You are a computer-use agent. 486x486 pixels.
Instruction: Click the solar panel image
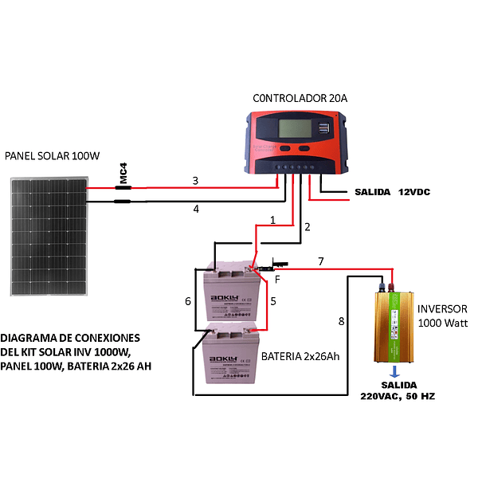49,235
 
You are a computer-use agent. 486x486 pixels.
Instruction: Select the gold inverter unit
394,327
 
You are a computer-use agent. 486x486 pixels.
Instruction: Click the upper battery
233,293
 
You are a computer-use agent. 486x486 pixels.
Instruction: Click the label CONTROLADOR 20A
300,98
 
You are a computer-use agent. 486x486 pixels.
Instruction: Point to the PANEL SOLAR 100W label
52,156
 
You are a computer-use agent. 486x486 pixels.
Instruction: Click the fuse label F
277,279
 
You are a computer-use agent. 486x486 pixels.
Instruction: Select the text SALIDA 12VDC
392,193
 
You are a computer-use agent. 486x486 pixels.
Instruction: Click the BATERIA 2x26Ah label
300,356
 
